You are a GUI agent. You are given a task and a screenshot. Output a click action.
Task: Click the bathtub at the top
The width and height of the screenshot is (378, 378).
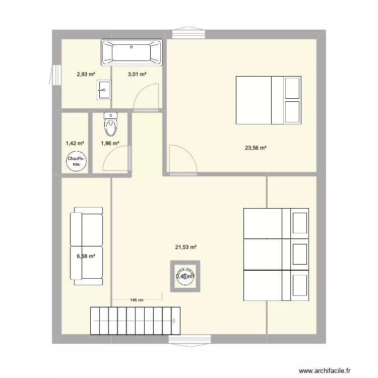tap(132, 52)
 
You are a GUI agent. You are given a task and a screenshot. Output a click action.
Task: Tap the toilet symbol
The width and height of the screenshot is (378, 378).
tap(109, 124)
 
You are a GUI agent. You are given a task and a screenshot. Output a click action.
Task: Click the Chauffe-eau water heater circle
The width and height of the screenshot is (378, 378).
tap(75, 161)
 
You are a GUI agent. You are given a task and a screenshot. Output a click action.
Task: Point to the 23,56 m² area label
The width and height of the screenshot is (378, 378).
tap(256, 148)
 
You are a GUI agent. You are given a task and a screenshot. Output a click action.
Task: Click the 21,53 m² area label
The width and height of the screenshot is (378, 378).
tap(185, 247)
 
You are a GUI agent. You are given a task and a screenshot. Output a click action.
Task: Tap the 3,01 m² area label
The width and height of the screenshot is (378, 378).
tap(137, 75)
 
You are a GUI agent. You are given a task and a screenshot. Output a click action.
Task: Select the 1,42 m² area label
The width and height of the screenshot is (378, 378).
tap(75, 143)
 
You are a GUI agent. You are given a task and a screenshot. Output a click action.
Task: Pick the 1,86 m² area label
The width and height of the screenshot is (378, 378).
tap(110, 143)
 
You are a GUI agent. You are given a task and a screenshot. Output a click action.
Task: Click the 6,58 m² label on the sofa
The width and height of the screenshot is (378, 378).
tap(86, 256)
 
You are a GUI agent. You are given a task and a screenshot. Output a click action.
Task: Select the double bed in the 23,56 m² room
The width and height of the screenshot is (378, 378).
tap(269, 100)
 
